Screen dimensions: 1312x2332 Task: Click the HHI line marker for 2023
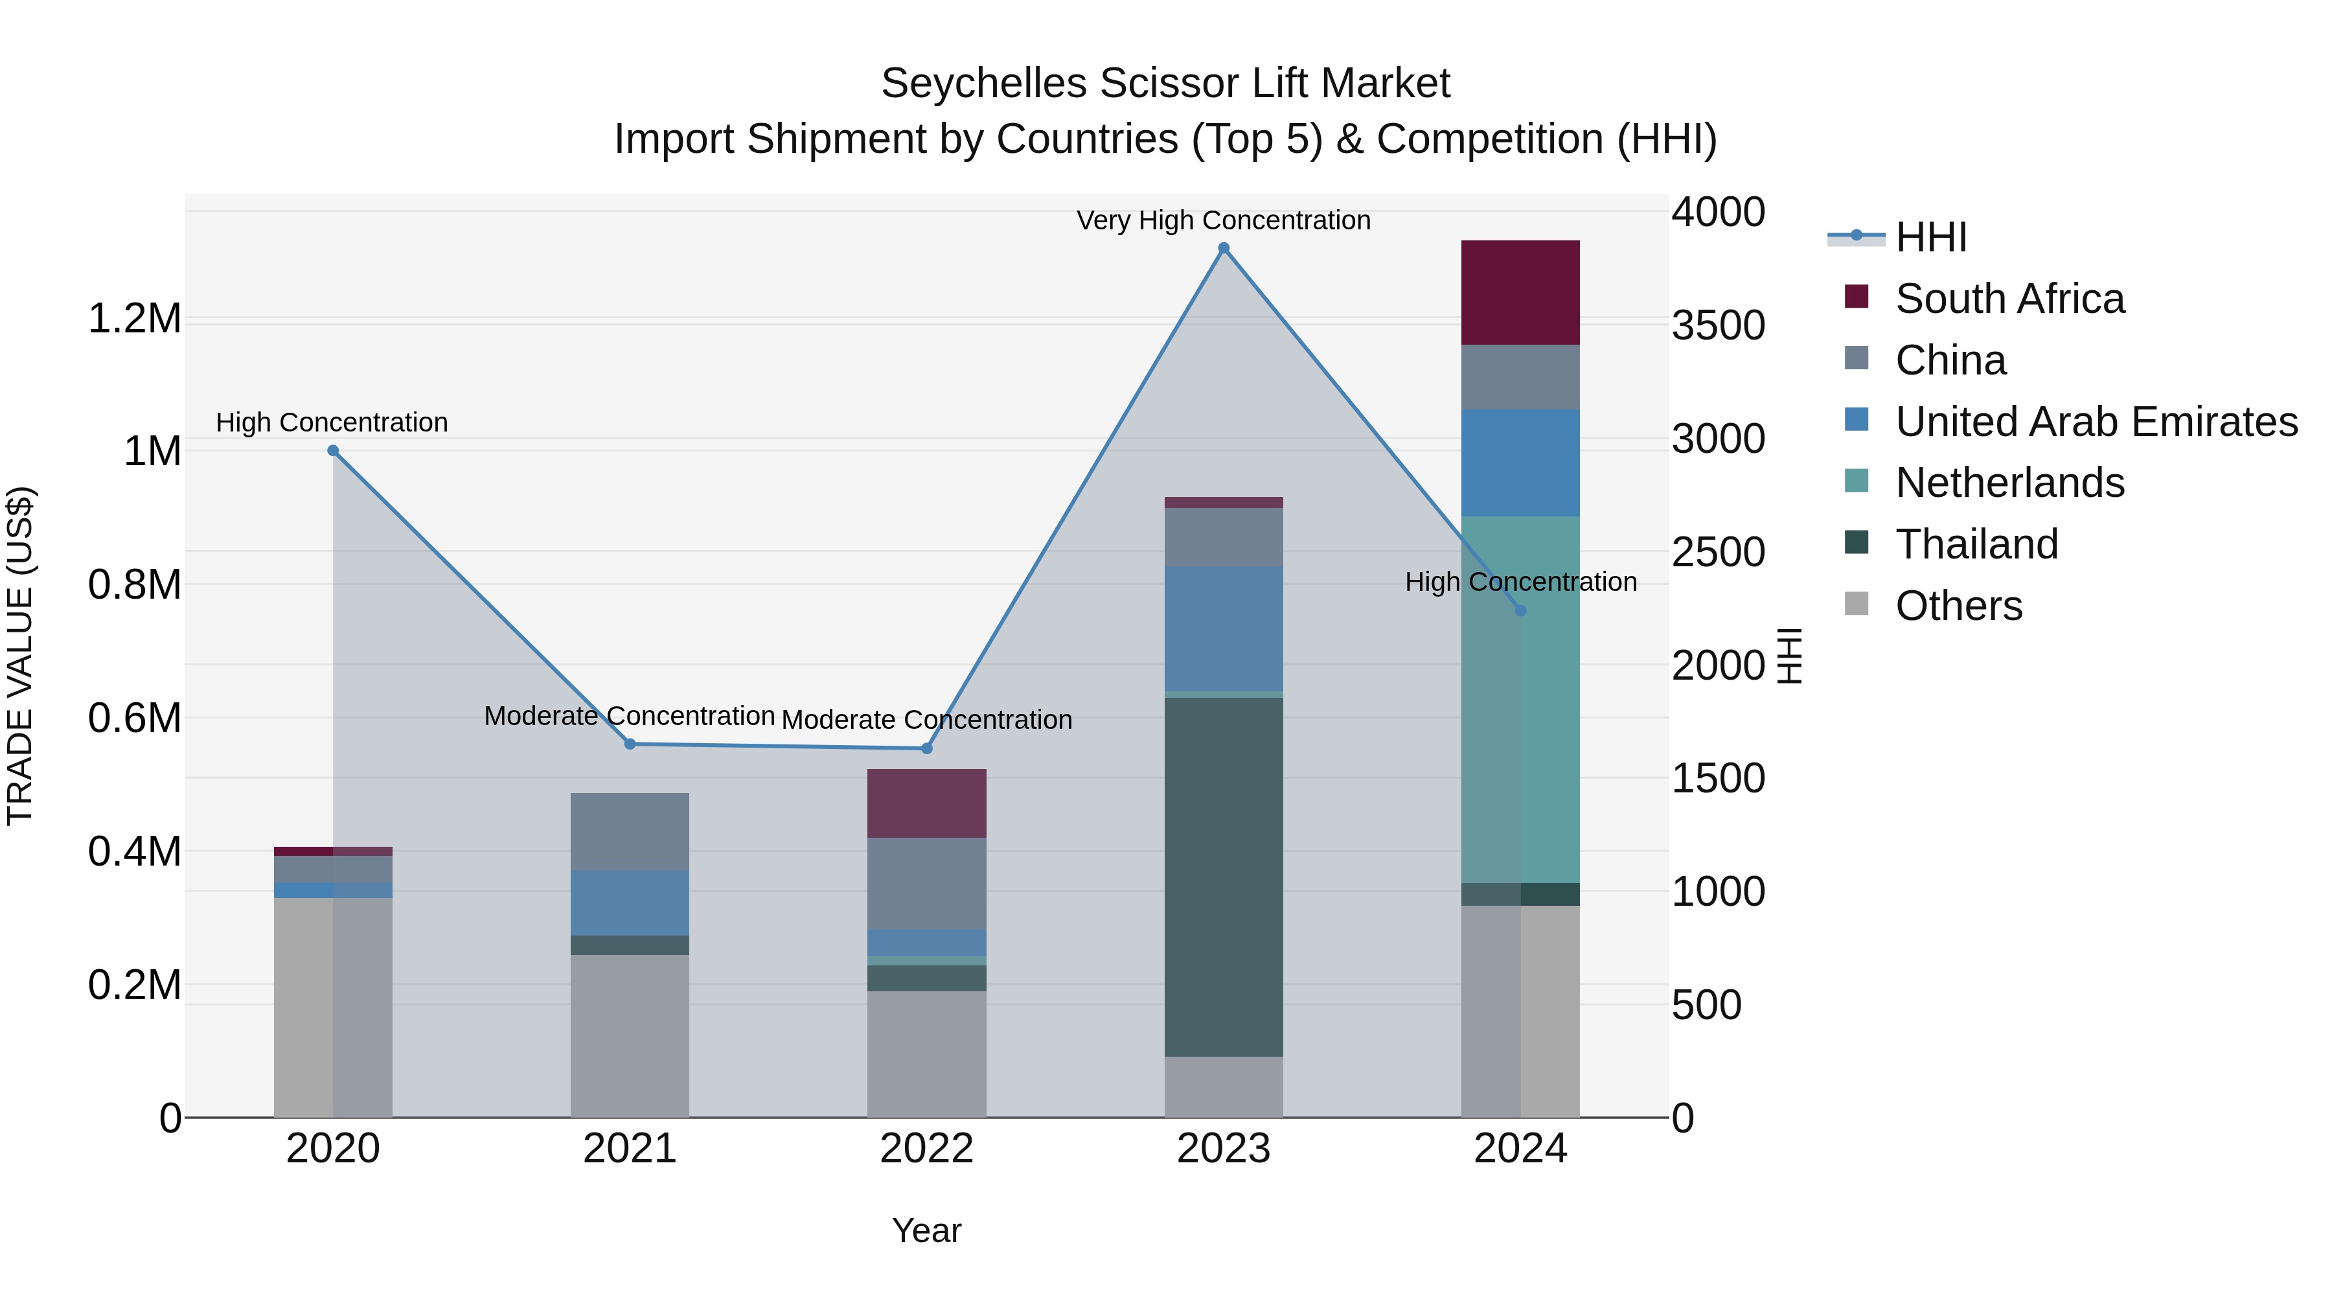[x=1223, y=248]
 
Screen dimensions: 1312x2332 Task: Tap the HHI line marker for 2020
[x=333, y=451]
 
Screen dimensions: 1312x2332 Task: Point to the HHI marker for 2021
[x=630, y=744]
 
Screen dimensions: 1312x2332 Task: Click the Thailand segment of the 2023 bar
[x=1223, y=877]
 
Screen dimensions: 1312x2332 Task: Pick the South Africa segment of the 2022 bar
[x=926, y=803]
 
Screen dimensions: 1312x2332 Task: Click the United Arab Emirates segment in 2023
[x=1223, y=628]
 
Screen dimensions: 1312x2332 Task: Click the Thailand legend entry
[x=1976, y=544]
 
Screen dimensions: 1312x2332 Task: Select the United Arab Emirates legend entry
[x=2096, y=422]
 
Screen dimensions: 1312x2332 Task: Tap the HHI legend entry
[x=1930, y=237]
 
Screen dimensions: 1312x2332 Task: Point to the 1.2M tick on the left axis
[x=134, y=319]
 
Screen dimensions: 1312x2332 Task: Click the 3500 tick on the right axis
[x=1717, y=326]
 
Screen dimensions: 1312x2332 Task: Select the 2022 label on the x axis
[x=926, y=1149]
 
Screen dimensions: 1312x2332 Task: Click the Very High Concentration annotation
[x=1223, y=220]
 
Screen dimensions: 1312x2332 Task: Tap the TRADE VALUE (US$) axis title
[x=20, y=656]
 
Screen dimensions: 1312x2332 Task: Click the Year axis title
[x=926, y=1230]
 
